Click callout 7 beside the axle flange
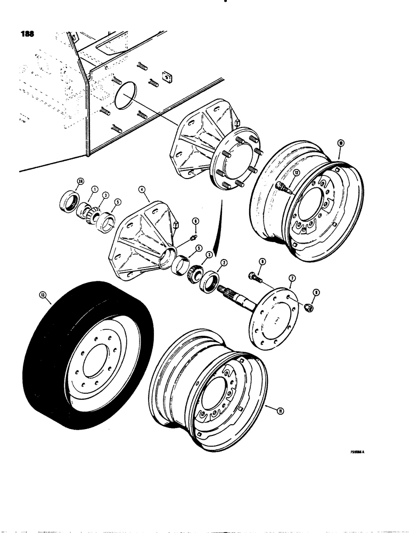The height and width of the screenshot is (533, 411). click(291, 278)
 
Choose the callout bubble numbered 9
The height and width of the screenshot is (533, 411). click(317, 292)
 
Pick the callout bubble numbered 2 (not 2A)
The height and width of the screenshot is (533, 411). click(224, 262)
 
